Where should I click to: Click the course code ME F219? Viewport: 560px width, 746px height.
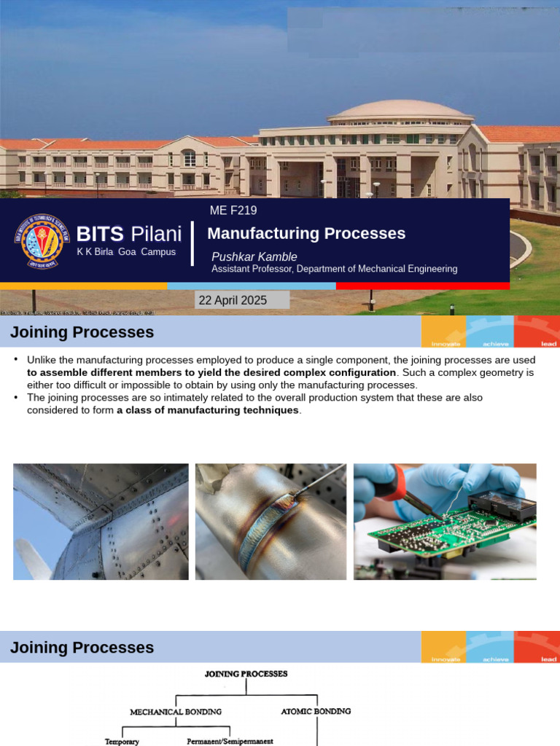(233, 211)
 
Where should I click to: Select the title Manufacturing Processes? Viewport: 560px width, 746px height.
(306, 234)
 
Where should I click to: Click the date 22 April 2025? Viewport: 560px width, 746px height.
(233, 300)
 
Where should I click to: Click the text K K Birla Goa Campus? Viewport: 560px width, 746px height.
(126, 252)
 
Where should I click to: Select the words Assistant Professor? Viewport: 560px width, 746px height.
(252, 269)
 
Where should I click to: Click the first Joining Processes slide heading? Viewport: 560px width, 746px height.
(82, 333)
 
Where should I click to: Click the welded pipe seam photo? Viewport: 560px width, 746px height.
(271, 522)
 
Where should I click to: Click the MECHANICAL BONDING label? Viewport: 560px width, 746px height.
(175, 711)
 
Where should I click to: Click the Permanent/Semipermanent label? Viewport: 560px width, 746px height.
(230, 741)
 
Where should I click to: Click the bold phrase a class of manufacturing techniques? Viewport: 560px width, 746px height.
(208, 410)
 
